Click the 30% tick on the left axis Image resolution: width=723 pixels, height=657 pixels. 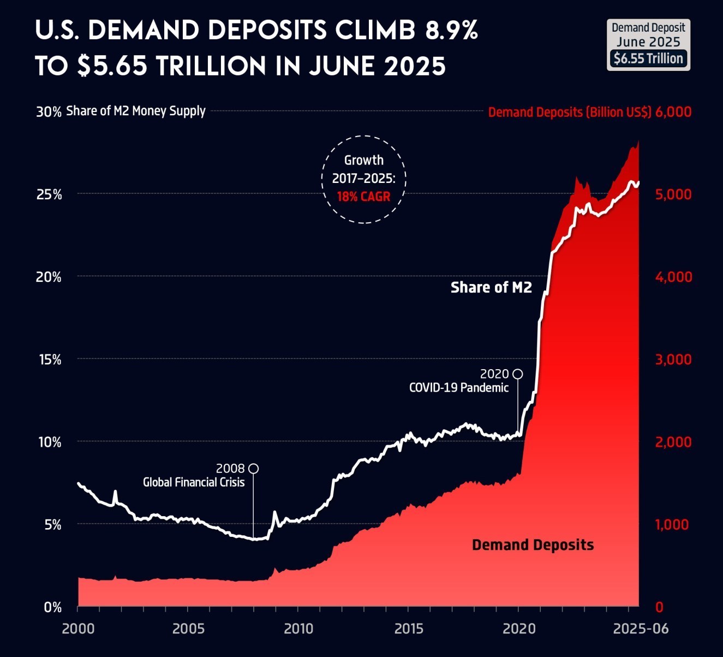[x=49, y=112]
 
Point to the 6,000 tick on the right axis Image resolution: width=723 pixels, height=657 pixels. [x=673, y=112]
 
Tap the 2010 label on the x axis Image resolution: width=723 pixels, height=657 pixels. [x=298, y=629]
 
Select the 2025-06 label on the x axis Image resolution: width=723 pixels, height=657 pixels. [x=641, y=629]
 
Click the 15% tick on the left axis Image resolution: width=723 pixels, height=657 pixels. [x=49, y=360]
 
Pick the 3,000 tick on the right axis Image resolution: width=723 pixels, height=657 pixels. [x=673, y=360]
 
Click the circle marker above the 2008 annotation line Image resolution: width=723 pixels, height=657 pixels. [x=253, y=469]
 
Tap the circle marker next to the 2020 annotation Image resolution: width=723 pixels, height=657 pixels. [x=518, y=374]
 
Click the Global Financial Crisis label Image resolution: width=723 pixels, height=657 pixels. [x=194, y=482]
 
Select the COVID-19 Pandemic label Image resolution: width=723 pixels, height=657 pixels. [x=459, y=388]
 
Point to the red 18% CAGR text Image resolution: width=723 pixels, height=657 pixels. [x=363, y=197]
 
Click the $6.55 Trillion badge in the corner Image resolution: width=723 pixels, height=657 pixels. [x=648, y=58]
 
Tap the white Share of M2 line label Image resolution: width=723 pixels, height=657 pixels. [x=491, y=287]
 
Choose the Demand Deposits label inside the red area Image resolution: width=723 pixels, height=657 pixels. [x=533, y=545]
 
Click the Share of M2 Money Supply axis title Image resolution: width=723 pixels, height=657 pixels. [x=136, y=111]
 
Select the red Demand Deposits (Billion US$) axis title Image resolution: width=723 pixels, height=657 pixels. [x=570, y=113]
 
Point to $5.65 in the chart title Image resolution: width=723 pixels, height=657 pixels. [x=112, y=66]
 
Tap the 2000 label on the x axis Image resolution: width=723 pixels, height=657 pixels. [x=78, y=629]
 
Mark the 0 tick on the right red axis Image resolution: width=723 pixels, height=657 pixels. [x=659, y=607]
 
